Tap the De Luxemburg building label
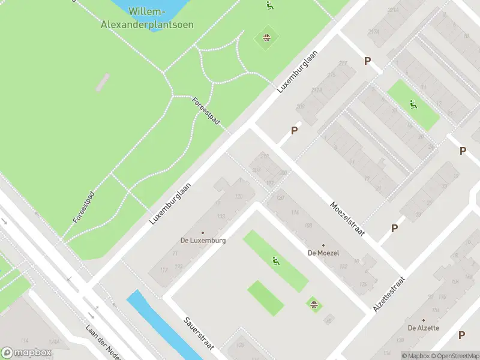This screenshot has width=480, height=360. (x=203, y=240)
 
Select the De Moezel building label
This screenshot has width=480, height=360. (x=323, y=252)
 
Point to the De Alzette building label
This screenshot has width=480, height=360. (x=424, y=328)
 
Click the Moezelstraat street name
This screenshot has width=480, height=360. (x=347, y=220)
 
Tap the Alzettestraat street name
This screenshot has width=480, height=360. (x=389, y=294)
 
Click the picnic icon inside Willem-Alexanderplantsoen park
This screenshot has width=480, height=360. (x=266, y=39)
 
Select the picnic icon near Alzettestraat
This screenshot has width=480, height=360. (x=313, y=304)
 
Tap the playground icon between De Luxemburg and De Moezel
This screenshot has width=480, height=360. (x=275, y=261)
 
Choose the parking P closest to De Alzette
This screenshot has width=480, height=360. (x=461, y=335)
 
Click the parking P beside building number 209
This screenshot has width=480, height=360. (x=294, y=130)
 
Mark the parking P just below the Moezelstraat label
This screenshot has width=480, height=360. (x=394, y=228)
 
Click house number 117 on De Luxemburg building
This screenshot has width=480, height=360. (x=163, y=270)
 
